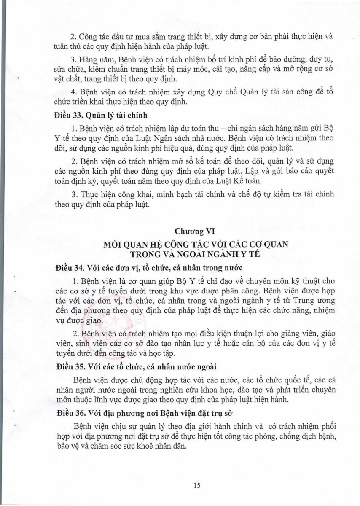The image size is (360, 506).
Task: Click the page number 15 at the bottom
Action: point(196,485)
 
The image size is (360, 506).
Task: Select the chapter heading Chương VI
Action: point(194,231)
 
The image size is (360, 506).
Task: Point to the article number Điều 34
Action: point(69,268)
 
